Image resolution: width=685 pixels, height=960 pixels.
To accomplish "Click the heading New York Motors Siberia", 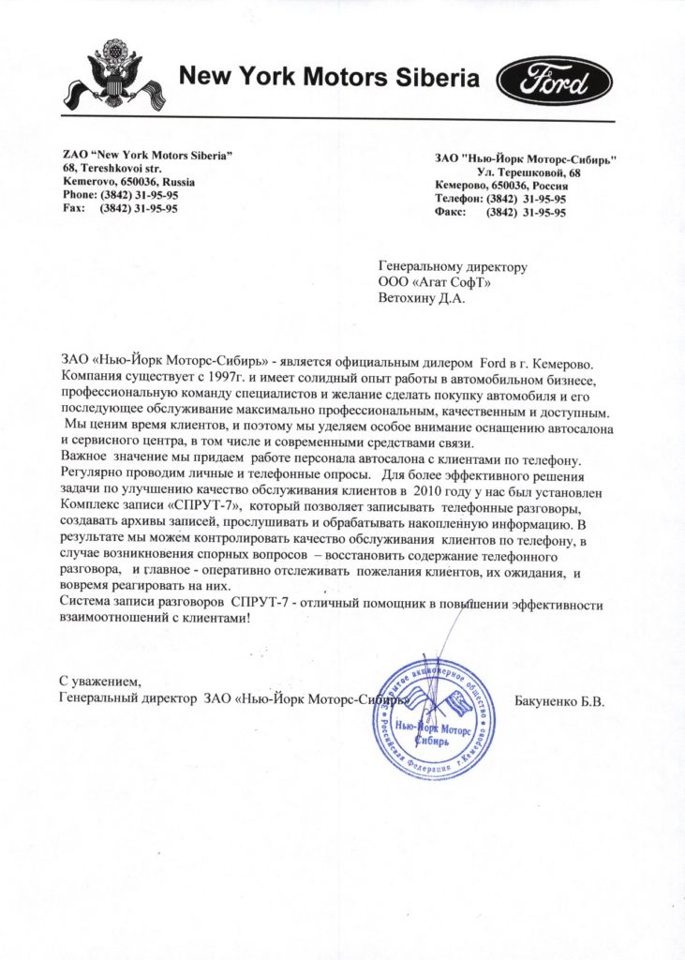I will click(x=329, y=78).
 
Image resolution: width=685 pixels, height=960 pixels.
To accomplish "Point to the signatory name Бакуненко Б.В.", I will click(x=560, y=700).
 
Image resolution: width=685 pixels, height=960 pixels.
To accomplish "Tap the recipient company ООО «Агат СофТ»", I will click(x=435, y=283).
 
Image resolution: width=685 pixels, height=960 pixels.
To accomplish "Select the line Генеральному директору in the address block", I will click(x=453, y=267).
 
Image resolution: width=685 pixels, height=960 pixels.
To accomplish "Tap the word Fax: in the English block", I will click(x=74, y=209).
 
